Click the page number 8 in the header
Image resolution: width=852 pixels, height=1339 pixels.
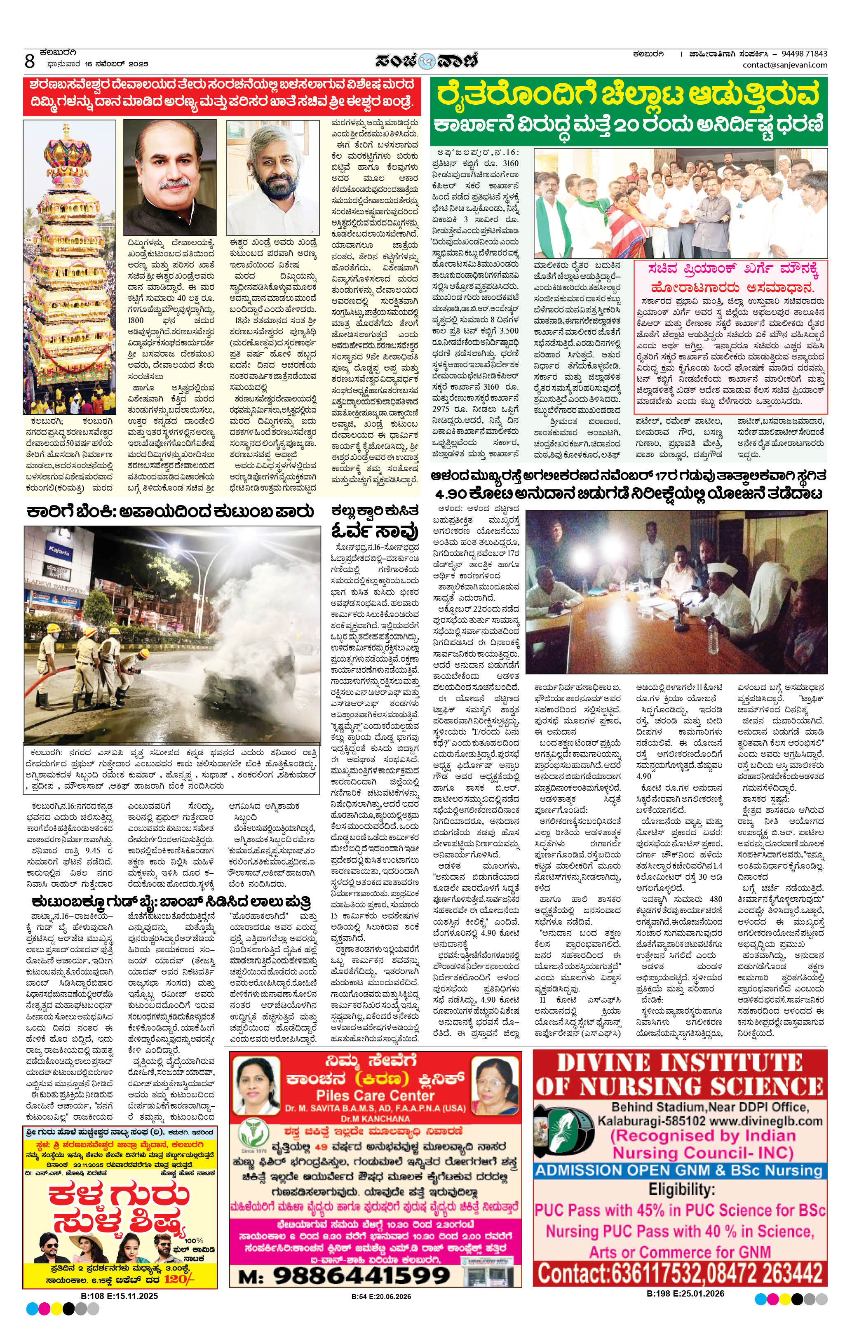click(30, 61)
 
